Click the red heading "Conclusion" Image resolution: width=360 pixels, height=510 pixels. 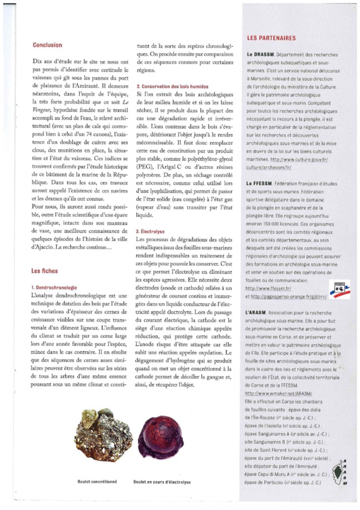point(47,45)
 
